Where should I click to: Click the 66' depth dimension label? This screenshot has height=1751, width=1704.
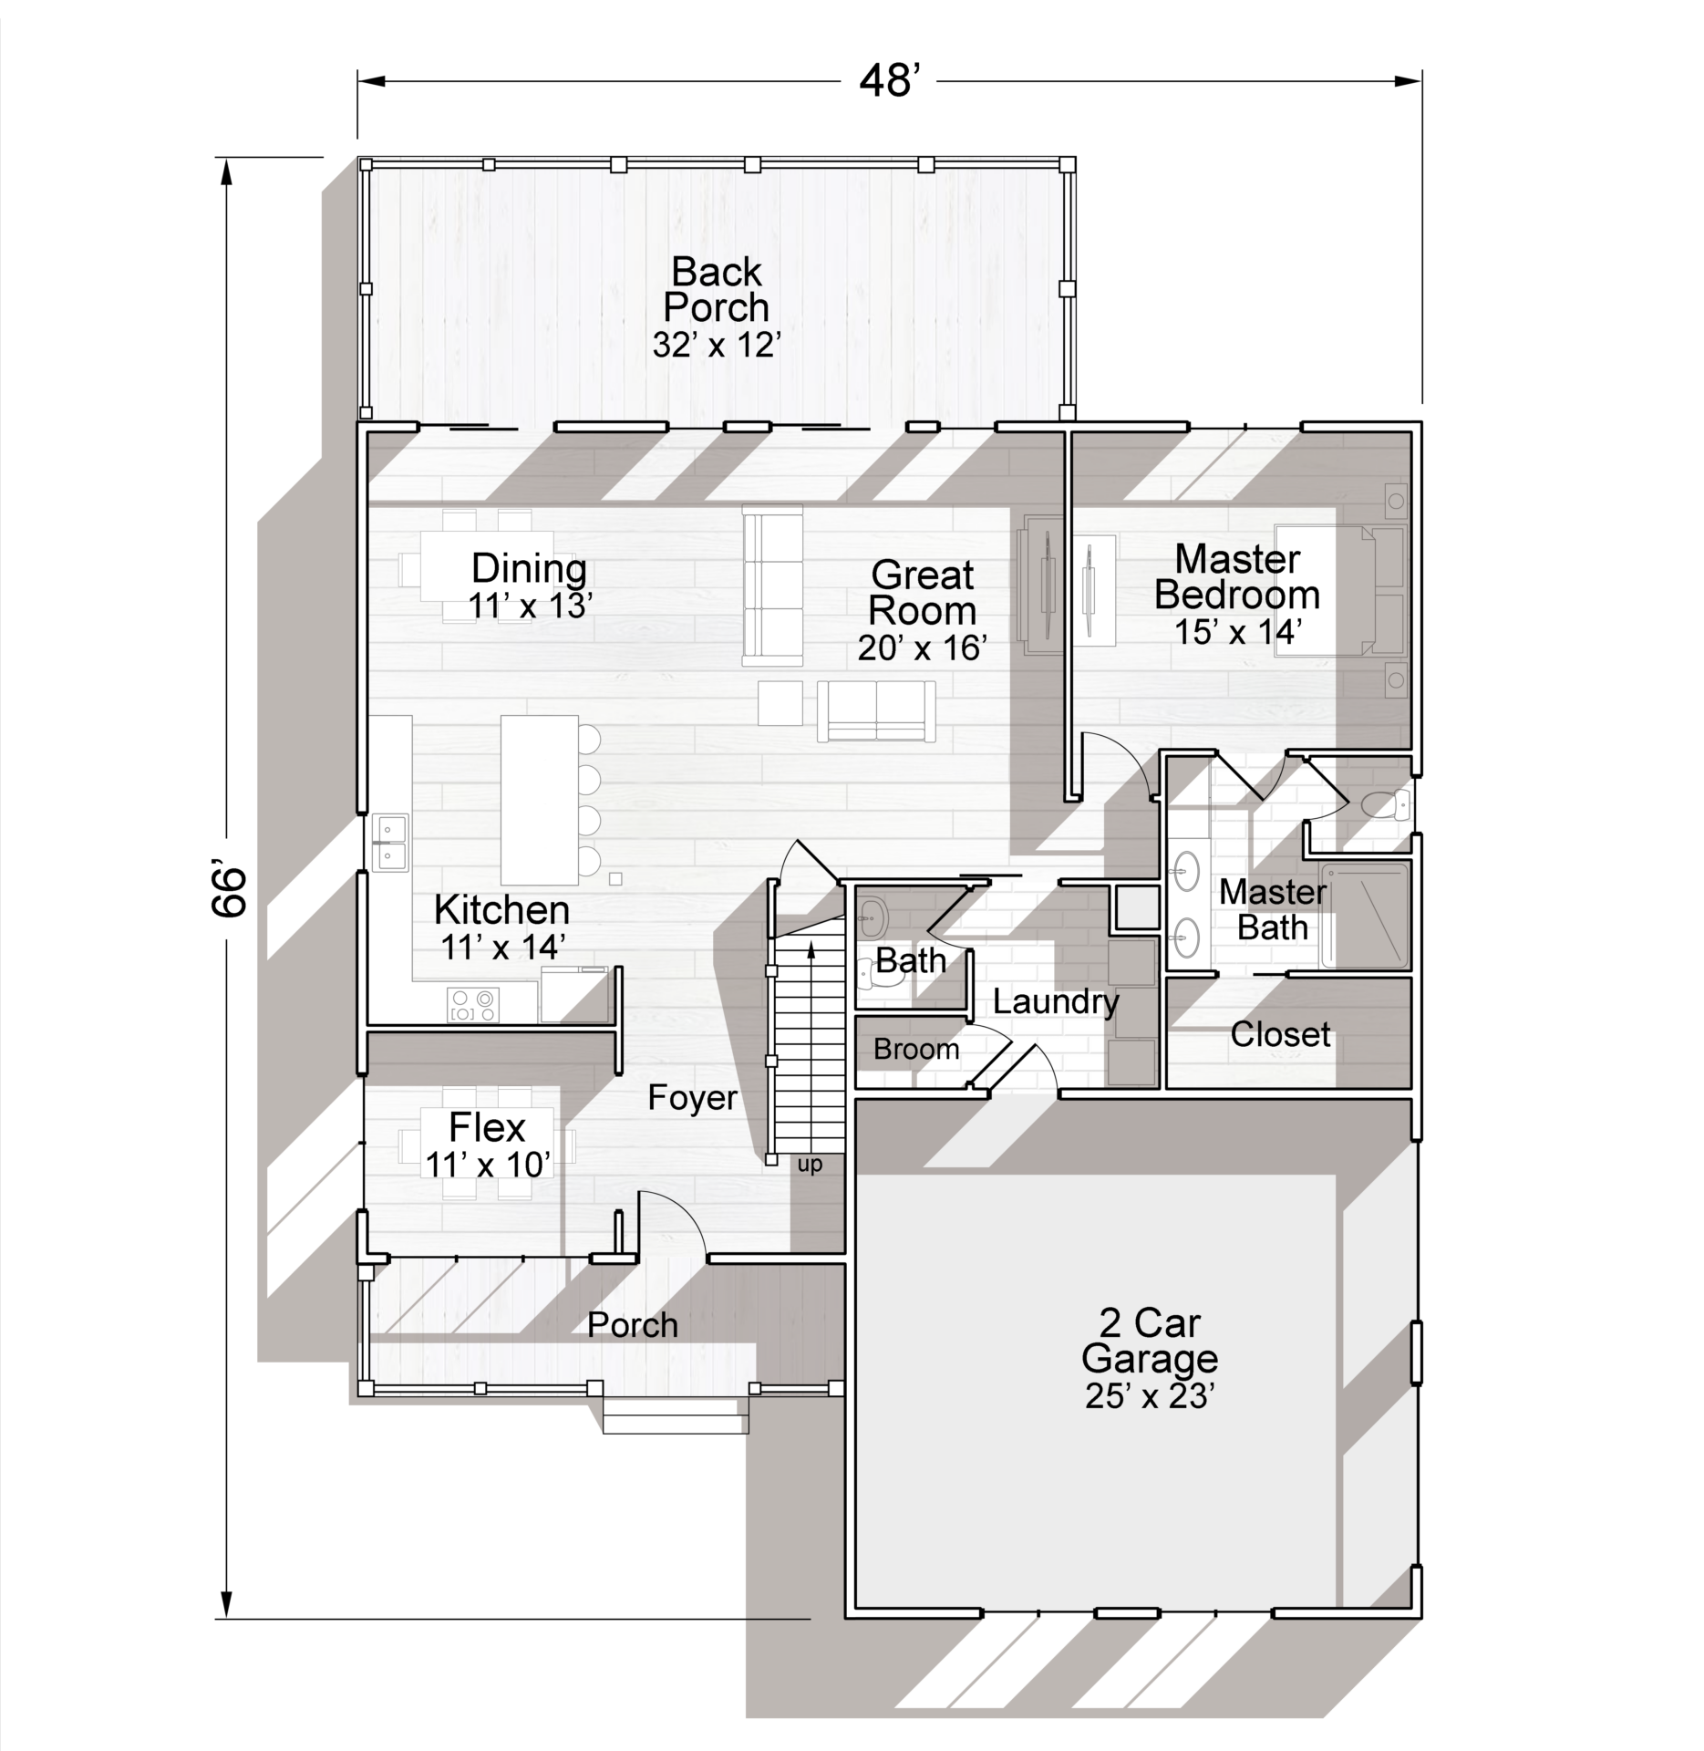click(231, 890)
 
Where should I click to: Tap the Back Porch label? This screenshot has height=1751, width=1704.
click(717, 289)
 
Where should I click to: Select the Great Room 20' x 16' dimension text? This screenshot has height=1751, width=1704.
click(923, 648)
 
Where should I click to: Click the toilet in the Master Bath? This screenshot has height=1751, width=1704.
click(1385, 806)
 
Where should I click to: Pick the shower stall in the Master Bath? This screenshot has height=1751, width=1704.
click(1366, 915)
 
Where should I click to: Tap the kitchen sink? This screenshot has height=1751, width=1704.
click(389, 844)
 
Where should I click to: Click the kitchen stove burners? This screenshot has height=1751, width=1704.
click(474, 1005)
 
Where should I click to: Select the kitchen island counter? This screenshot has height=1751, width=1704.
click(540, 800)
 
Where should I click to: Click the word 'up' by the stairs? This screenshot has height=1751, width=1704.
click(810, 1166)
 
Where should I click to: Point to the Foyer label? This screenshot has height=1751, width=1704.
click(692, 1097)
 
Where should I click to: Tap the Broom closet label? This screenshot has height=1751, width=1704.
click(916, 1050)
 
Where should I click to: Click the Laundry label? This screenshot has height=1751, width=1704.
click(1056, 1002)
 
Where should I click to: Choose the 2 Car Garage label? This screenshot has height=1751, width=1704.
click(1150, 1341)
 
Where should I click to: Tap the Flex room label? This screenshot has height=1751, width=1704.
click(487, 1129)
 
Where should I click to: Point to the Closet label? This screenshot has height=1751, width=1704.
click(1280, 1034)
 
